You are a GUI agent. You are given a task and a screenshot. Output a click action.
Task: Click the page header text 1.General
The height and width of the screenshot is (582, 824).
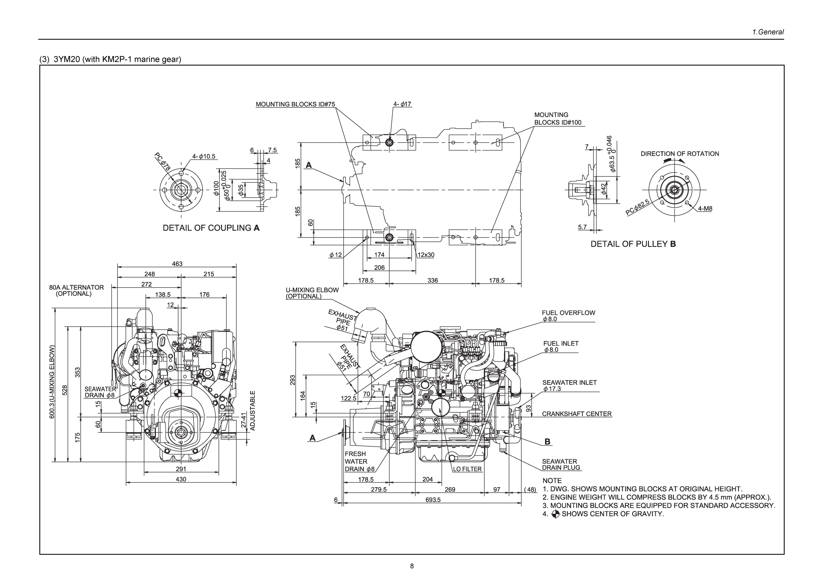tap(768, 32)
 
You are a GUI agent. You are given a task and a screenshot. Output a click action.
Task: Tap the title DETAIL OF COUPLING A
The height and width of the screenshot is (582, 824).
tap(211, 228)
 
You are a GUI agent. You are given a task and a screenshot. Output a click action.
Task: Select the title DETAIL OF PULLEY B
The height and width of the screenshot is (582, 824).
tap(633, 244)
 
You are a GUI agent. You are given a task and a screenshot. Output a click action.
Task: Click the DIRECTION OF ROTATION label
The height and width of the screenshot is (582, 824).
tap(680, 154)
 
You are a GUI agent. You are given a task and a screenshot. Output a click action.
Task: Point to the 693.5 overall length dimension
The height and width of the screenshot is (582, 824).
tap(433, 500)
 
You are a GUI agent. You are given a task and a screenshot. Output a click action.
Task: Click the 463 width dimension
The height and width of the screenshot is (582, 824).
tap(177, 264)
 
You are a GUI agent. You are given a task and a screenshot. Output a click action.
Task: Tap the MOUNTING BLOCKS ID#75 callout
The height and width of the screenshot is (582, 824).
tap(295, 105)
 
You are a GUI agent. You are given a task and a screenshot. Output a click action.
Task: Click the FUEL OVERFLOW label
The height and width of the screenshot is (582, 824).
tap(568, 313)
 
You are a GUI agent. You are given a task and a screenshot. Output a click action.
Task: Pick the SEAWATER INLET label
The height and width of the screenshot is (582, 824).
tap(569, 383)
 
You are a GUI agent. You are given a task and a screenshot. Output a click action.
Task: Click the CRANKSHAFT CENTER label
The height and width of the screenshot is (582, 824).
tap(576, 414)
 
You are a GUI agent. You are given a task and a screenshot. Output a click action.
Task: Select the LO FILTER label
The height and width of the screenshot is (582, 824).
tap(467, 469)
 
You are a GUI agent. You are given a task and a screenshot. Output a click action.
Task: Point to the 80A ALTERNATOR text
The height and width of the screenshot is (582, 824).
tap(76, 287)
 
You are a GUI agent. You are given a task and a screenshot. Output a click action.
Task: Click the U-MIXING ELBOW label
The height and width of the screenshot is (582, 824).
tap(312, 290)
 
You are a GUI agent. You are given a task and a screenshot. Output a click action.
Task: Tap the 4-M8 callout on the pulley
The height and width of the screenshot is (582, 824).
tap(705, 209)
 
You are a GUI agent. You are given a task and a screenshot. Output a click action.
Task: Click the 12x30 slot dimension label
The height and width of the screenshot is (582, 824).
tap(426, 255)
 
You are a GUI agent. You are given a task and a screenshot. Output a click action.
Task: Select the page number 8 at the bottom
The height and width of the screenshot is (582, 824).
tap(412, 566)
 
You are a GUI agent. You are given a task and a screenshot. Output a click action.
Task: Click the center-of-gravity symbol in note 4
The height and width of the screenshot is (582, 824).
tap(555, 514)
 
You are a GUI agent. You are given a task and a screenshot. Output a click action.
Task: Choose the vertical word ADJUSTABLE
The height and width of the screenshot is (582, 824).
tap(252, 410)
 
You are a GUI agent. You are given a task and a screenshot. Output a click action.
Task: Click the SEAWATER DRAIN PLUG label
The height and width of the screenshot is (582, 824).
tap(561, 464)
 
